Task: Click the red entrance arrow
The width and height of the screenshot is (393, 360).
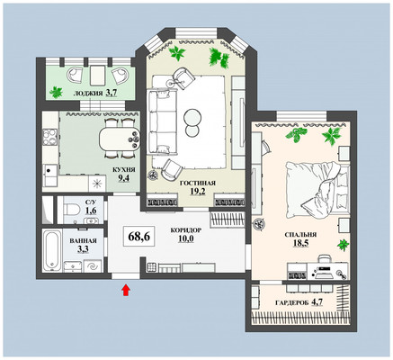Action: click(126, 291)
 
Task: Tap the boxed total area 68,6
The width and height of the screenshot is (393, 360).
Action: click(138, 237)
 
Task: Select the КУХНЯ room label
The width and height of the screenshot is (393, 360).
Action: click(124, 170)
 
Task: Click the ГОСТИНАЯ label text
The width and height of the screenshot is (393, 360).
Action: click(198, 184)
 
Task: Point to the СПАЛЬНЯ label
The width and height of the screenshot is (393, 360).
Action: click(300, 235)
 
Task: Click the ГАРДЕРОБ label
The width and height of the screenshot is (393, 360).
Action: click(291, 303)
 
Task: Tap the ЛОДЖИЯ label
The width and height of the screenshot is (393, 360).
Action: click(88, 94)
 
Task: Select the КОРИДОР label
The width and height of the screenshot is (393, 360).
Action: click(186, 230)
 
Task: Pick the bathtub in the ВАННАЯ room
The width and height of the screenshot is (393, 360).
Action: click(52, 251)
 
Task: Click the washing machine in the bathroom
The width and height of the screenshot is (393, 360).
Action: click(92, 266)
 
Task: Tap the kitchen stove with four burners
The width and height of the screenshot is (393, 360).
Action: click(49, 137)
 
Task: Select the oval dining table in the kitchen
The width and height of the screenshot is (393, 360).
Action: click(120, 139)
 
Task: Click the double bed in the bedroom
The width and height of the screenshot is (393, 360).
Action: click(317, 190)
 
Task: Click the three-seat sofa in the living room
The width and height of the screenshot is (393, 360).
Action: click(162, 121)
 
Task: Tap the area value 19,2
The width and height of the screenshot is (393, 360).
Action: click(198, 191)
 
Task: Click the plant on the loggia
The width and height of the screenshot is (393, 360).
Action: click(56, 92)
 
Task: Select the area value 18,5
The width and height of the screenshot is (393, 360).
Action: click(300, 243)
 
